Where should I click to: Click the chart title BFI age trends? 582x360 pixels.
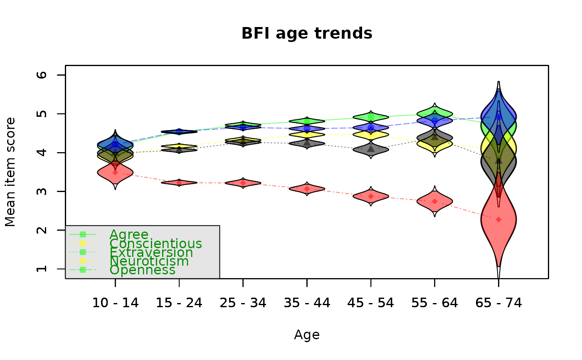coord(307,34)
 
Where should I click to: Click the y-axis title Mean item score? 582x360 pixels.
coord(10,172)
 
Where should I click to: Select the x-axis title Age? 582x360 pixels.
coord(307,335)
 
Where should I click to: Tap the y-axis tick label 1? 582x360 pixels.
coord(42,269)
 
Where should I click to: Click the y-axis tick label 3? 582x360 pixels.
coord(42,191)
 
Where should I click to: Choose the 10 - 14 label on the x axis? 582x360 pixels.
coord(116,303)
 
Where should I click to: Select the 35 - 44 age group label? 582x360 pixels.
coord(307,303)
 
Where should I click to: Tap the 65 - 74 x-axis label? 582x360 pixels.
coord(498,303)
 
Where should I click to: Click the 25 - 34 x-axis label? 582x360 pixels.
coord(243,303)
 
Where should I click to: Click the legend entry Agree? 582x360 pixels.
coord(129,235)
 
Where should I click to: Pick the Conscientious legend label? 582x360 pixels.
coord(155,244)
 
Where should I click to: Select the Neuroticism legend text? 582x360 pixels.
coord(149,261)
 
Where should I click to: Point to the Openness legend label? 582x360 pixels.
coord(142,270)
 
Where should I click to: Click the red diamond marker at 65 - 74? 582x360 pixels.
coord(498,220)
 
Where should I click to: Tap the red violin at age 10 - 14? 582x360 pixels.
coord(115,173)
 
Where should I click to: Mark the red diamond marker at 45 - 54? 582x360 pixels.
coord(371,196)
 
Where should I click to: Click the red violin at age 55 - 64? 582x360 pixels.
coord(435,201)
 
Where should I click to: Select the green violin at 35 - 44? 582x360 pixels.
coord(307,121)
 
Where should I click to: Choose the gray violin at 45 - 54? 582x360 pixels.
coord(371,149)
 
